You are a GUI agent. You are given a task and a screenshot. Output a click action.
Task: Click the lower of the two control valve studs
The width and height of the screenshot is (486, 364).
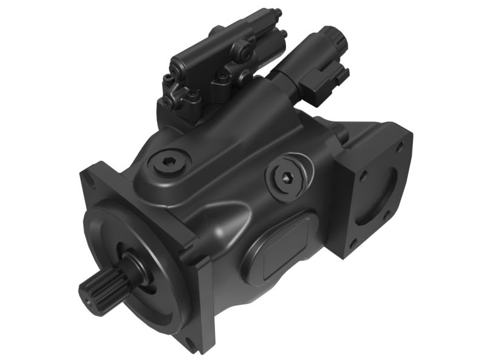(283, 35)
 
